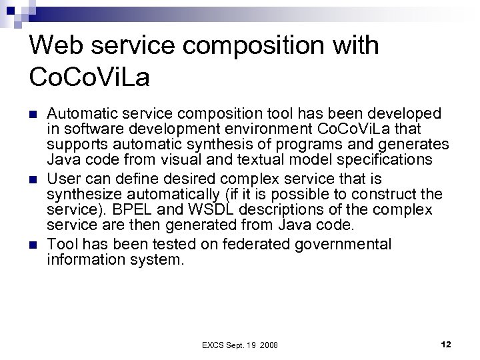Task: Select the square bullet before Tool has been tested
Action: (x=35, y=245)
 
